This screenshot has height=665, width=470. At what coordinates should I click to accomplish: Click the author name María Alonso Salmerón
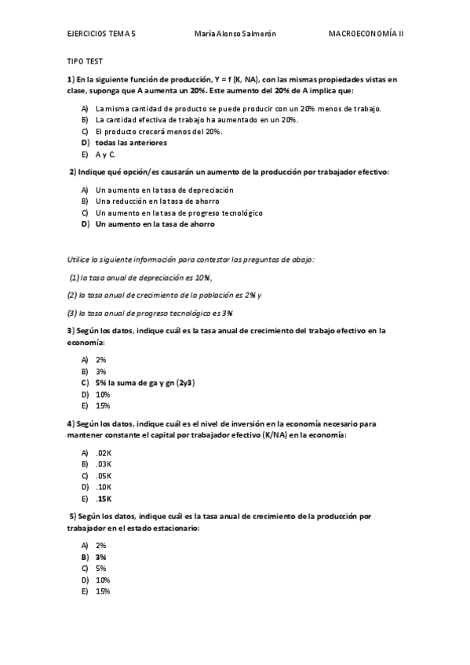[235, 35]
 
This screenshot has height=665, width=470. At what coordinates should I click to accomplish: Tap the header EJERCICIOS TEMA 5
[101, 35]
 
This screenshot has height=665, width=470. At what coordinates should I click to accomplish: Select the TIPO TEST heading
[84, 60]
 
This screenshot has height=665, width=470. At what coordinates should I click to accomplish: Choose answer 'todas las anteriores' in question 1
[130, 144]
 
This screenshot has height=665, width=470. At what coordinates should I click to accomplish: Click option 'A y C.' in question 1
[105, 155]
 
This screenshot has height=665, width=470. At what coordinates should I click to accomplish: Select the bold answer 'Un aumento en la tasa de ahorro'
[155, 224]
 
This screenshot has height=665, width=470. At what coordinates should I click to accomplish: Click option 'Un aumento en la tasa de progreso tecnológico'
[179, 213]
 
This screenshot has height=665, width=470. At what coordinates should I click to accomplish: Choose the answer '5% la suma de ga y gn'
[144, 383]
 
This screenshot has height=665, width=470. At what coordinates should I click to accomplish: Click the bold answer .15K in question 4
[104, 499]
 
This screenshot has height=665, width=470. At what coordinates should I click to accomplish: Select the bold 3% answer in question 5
[101, 556]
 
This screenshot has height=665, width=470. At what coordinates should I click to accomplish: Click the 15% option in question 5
[103, 591]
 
